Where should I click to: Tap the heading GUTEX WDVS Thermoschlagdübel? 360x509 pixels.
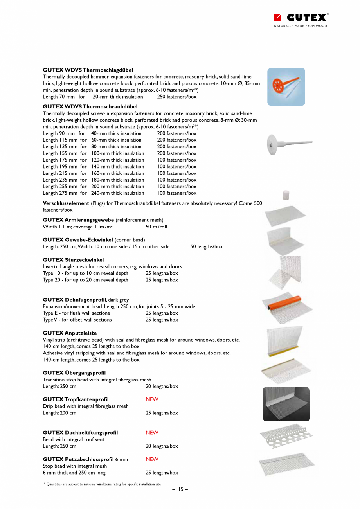[88, 70]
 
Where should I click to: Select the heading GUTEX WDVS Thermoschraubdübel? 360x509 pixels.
[90, 106]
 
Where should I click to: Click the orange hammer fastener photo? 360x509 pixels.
[286, 87]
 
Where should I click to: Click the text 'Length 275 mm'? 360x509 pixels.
[60, 193]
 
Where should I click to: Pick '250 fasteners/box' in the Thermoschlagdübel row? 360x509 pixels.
[177, 97]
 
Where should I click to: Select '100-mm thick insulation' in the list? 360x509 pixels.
[117, 153]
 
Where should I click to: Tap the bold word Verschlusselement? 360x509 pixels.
[66, 203]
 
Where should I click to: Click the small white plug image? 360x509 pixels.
[286, 194]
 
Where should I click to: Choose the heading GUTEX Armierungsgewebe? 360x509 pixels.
[78, 220]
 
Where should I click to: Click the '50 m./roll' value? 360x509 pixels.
[156, 227]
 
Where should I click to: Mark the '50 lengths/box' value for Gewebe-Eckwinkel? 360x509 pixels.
[207, 246]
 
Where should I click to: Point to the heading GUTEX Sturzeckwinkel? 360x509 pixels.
[73, 260]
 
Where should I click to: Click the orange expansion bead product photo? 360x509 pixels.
[287, 307]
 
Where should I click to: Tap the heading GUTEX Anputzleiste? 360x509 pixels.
[70, 333]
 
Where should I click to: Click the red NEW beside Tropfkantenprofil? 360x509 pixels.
[152, 399]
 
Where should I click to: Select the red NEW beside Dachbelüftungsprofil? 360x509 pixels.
[152, 433]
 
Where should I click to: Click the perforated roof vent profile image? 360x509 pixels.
[286, 435]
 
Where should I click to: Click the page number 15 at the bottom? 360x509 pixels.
[180, 489]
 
